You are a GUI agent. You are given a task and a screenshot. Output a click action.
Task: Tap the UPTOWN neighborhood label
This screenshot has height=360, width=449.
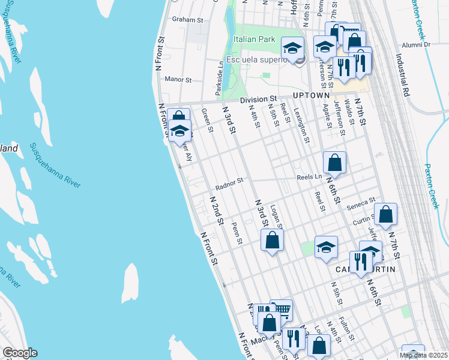tap(311, 96)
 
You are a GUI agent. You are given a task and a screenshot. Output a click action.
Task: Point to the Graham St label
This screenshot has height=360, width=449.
tap(187, 20)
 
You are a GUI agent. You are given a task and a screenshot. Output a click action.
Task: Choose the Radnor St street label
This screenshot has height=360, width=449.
tap(229, 183)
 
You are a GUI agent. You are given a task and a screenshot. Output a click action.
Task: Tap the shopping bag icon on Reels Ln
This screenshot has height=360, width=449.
tap(334, 163)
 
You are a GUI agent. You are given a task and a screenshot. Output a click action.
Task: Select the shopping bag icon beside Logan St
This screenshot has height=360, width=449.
tap(272, 241)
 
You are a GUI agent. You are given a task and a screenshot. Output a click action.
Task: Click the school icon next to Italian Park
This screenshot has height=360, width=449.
tap(292, 49)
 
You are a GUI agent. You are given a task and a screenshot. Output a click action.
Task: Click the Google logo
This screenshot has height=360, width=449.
tap(19, 353)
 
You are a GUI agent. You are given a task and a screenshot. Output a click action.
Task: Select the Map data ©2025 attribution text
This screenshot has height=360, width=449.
tap(423, 355)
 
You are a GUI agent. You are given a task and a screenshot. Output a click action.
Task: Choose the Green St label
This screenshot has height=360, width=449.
tap(207, 118)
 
